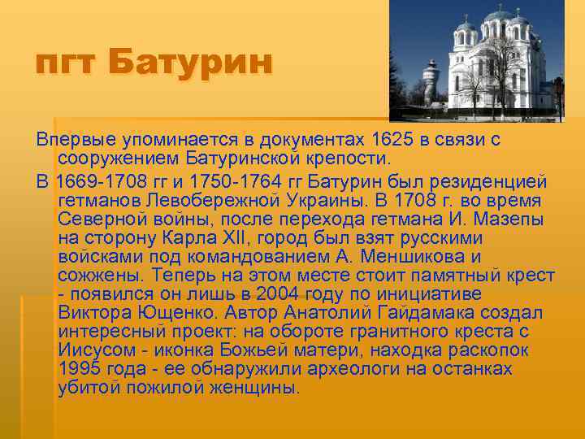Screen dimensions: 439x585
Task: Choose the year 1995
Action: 81,369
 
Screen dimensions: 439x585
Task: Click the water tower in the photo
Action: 430,82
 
